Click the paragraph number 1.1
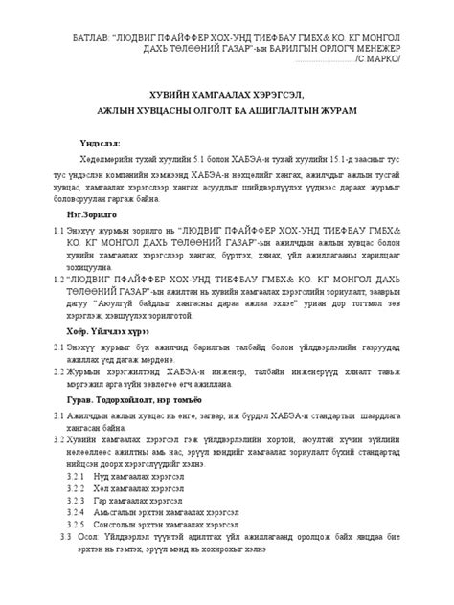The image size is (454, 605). [59, 231]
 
